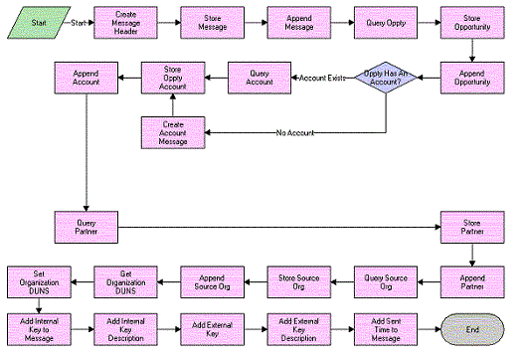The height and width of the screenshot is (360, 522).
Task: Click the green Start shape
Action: [x=34, y=22]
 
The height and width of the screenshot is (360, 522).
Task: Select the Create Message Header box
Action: [x=125, y=22]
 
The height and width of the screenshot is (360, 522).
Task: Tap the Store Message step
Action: [x=212, y=22]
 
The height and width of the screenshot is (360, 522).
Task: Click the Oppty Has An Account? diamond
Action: [x=384, y=78]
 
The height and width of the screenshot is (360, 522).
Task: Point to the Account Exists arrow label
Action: [x=320, y=78]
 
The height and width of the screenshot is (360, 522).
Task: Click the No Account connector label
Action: [x=293, y=132]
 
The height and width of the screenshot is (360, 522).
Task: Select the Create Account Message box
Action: [x=173, y=132]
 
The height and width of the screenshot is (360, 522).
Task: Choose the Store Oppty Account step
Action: [x=173, y=78]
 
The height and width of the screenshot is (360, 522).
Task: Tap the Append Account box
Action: [x=87, y=78]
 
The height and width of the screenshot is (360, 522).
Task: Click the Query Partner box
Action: [x=87, y=227]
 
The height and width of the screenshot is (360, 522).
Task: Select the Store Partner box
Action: [x=471, y=227]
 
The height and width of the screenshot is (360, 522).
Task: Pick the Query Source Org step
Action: [x=385, y=281]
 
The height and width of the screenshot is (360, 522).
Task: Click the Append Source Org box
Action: [x=212, y=281]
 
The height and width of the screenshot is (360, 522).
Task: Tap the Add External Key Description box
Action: [x=298, y=328]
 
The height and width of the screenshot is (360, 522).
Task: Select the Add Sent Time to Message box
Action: [x=385, y=328]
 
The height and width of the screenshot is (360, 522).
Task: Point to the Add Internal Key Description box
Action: [x=125, y=328]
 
